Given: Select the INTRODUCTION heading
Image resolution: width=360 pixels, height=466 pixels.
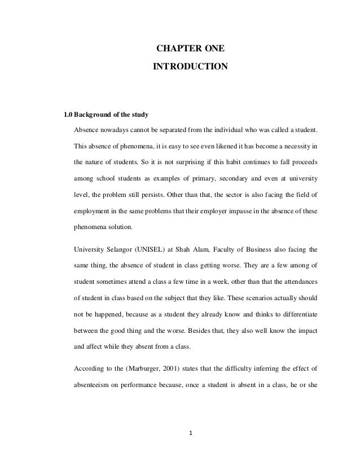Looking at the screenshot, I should click(x=190, y=68).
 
